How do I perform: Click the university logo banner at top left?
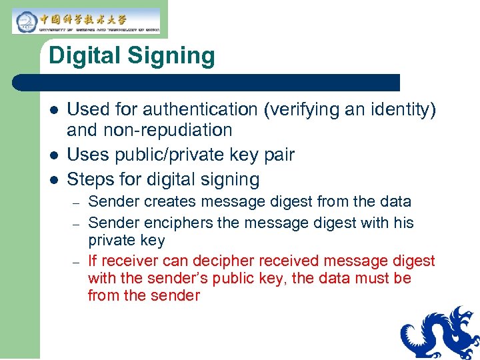(x=85, y=21)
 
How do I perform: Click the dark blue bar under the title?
(x=207, y=83)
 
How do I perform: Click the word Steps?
(x=90, y=179)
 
